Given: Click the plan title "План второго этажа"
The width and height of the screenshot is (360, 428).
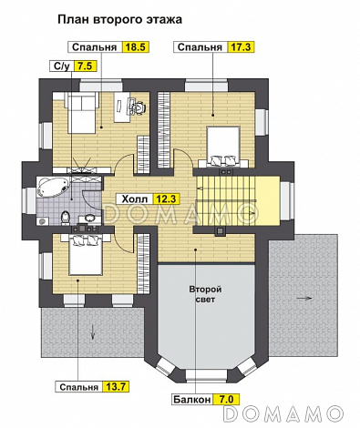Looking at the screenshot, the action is pyautogui.click(x=119, y=20).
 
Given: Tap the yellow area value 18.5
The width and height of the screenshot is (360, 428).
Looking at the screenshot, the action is pyautogui.click(x=135, y=47).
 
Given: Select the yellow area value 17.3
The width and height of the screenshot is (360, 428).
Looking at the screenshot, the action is pyautogui.click(x=241, y=47).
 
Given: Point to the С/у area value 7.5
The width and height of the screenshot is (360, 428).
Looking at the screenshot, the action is pyautogui.click(x=85, y=66).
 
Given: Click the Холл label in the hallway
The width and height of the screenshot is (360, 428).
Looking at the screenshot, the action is pyautogui.click(x=135, y=199).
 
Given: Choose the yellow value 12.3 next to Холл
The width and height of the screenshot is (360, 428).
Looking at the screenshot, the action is pyautogui.click(x=166, y=199).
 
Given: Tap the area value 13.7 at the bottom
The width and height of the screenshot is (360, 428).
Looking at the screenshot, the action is pyautogui.click(x=117, y=387).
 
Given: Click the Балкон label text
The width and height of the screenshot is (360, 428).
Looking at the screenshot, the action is pyautogui.click(x=192, y=400).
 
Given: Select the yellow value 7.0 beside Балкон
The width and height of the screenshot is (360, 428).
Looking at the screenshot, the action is pyautogui.click(x=226, y=400).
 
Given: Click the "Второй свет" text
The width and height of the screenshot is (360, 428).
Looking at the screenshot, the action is pyautogui.click(x=205, y=294).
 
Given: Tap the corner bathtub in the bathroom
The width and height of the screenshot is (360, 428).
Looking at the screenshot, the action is pyautogui.click(x=53, y=187).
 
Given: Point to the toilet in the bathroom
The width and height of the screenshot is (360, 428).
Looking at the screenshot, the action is pyautogui.click(x=66, y=218).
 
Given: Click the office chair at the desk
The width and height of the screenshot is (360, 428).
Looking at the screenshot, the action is pyautogui.click(x=139, y=107).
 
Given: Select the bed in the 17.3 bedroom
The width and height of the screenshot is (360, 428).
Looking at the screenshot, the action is pyautogui.click(x=223, y=147).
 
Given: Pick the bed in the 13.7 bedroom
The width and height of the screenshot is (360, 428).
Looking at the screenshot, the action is pyautogui.click(x=85, y=254).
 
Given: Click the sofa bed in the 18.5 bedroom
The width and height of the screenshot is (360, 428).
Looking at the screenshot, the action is pyautogui.click(x=82, y=113).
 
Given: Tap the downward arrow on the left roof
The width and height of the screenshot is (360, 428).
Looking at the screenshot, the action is pyautogui.click(x=93, y=333).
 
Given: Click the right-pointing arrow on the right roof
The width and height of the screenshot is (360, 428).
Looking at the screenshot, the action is pyautogui.click(x=304, y=298).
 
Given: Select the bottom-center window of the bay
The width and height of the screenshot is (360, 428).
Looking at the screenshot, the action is pyautogui.click(x=206, y=375).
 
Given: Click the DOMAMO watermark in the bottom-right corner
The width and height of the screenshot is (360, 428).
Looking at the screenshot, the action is pyautogui.click(x=284, y=413).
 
